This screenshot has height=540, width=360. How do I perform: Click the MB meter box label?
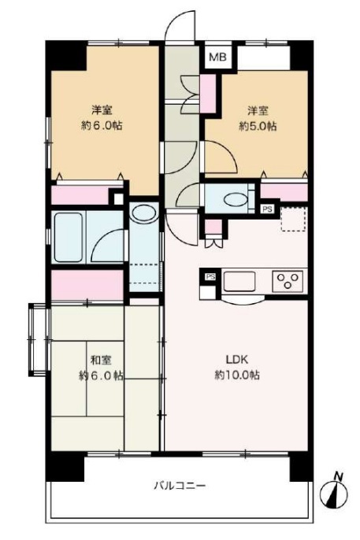(217, 57)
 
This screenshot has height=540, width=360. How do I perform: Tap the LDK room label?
(237, 360)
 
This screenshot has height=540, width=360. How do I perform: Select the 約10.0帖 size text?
(237, 375)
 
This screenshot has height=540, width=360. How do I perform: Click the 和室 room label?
(101, 361)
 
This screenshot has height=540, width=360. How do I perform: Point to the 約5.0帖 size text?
(258, 126)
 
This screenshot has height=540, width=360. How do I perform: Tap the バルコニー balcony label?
(180, 486)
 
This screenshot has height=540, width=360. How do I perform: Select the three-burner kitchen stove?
(288, 281)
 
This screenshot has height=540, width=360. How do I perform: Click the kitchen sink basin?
(239, 281)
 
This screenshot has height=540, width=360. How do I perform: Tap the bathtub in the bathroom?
(69, 237)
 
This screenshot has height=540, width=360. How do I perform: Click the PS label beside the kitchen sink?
(210, 276)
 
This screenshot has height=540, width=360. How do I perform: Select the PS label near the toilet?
(267, 209)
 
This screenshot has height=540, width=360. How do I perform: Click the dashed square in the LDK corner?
(294, 219)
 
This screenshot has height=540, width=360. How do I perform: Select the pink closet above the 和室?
(87, 285)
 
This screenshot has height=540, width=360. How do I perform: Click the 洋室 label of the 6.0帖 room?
(102, 110)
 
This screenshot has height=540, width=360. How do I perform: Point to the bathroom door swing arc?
(103, 238)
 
